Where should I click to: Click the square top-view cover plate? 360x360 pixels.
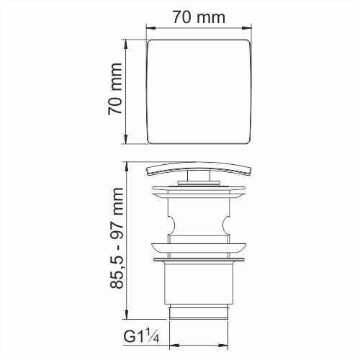tap(199, 91)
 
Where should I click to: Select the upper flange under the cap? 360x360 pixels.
tap(199, 192)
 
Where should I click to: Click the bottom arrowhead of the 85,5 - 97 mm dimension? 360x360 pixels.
tap(127, 320)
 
